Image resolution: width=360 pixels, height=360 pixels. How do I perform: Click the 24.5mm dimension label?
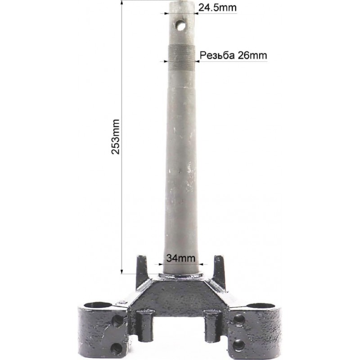tap(217, 8)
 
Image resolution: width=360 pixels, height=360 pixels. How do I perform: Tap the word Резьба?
tap(217, 55)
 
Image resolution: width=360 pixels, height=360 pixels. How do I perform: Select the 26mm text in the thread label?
tap(252, 55)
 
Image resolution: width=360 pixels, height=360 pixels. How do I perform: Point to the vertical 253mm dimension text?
tap(116, 137)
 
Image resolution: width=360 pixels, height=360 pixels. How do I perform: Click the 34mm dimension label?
tap(181, 258)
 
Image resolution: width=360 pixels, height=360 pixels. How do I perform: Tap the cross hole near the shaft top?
tap(181, 25)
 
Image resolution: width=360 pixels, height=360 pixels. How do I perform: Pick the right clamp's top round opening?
tap(261, 306)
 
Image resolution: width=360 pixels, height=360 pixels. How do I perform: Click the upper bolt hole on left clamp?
tap(117, 320)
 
